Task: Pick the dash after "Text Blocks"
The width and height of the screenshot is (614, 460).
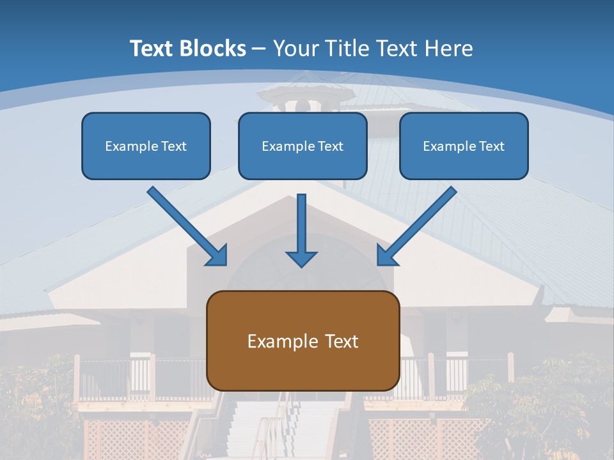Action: click(x=260, y=49)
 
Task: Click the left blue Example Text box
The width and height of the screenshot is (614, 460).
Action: click(x=146, y=146)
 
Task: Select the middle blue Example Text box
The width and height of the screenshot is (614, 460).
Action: click(x=303, y=146)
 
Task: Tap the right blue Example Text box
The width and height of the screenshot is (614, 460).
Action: click(x=464, y=146)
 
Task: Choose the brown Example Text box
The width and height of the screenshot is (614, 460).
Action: click(x=303, y=341)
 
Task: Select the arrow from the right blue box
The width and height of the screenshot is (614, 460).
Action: click(x=419, y=224)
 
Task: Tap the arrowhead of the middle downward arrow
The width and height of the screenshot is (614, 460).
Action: click(x=301, y=259)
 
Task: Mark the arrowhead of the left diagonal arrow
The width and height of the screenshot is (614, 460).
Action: click(x=218, y=256)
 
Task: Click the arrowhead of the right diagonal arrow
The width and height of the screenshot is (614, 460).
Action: click(x=386, y=256)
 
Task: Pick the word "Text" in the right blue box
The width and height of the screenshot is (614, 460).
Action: click(x=491, y=146)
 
